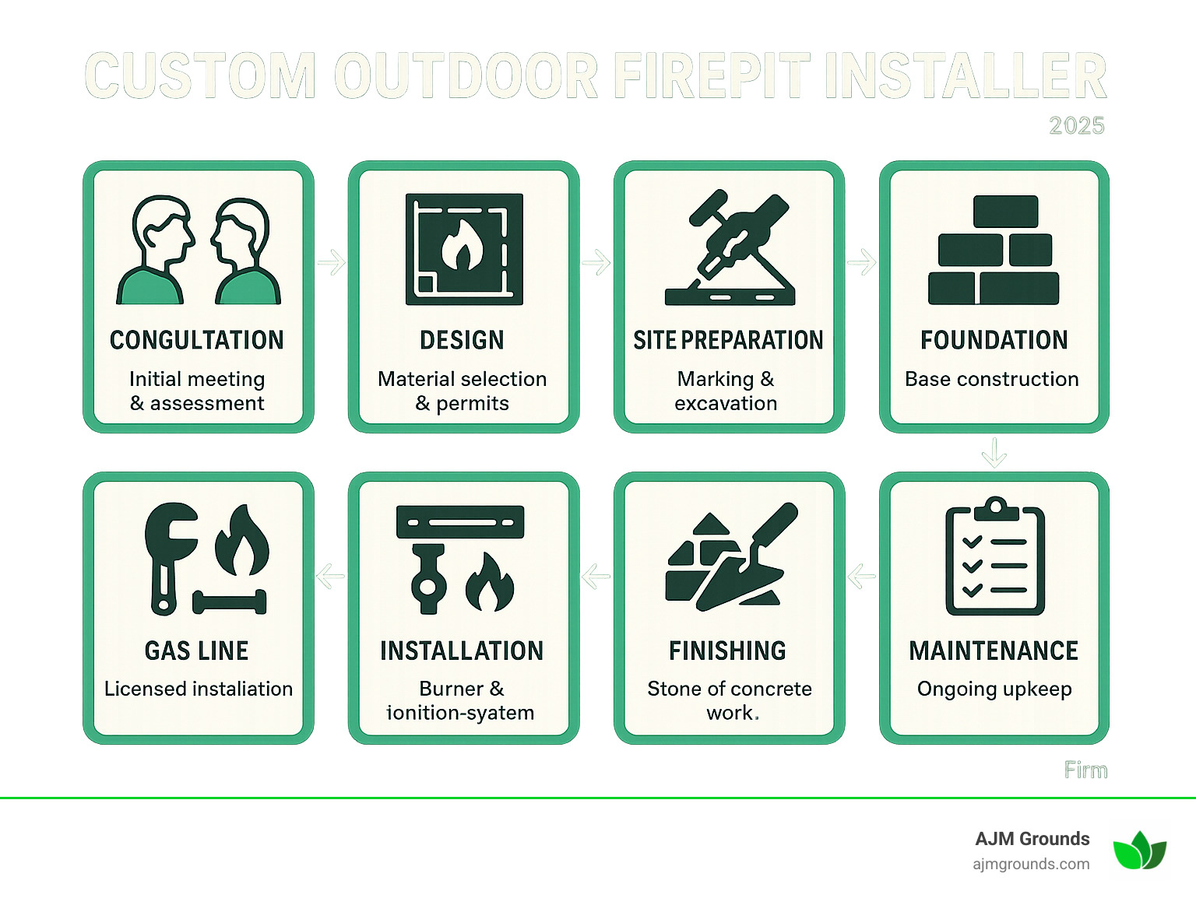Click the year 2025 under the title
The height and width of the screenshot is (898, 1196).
1076,126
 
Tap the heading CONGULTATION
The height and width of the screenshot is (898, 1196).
197,340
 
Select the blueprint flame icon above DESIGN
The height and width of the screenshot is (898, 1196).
464,249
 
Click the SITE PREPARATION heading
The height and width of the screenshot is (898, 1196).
728,340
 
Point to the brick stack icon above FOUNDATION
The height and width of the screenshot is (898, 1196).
994,250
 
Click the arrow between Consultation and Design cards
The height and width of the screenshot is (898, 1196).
332,262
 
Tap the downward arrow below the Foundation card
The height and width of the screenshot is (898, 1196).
994,452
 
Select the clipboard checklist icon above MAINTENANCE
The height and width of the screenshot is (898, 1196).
994,557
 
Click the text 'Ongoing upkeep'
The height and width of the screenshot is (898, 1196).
994,689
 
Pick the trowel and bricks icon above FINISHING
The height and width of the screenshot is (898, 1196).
728,557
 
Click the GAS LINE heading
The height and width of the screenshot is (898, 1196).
197,651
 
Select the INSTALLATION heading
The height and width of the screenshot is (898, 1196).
462,651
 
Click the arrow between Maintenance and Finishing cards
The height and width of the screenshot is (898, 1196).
862,577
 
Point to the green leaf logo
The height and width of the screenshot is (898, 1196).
1139,850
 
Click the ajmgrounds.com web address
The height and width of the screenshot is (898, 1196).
1031,864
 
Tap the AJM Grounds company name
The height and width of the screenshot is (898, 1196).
1032,839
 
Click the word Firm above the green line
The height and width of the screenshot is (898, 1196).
1085,770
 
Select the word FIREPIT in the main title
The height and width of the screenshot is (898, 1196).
712,76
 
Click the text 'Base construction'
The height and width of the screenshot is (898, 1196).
992,379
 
